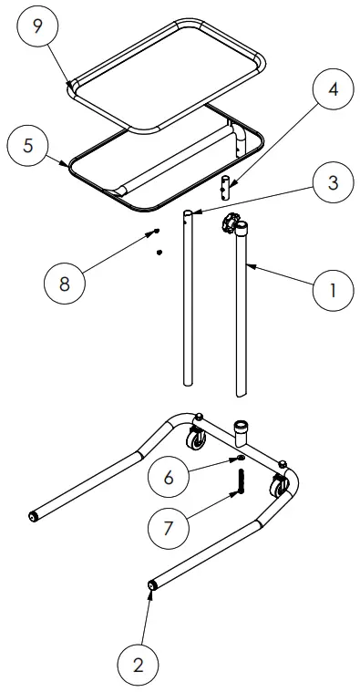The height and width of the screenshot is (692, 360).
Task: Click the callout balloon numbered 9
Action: pos(37,26)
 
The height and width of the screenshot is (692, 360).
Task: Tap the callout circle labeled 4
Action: pos(334,91)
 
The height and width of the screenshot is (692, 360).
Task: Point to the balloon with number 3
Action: pos(333,182)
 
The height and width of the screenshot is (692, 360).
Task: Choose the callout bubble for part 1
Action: pos(334,291)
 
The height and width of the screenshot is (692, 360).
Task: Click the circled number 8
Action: pos(65,283)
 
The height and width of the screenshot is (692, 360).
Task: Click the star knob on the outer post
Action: pos(231,222)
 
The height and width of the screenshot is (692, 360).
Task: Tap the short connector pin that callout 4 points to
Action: pos(223,190)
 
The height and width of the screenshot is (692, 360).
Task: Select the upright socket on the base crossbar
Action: pos(242,429)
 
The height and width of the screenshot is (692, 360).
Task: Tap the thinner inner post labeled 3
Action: pos(188,301)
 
